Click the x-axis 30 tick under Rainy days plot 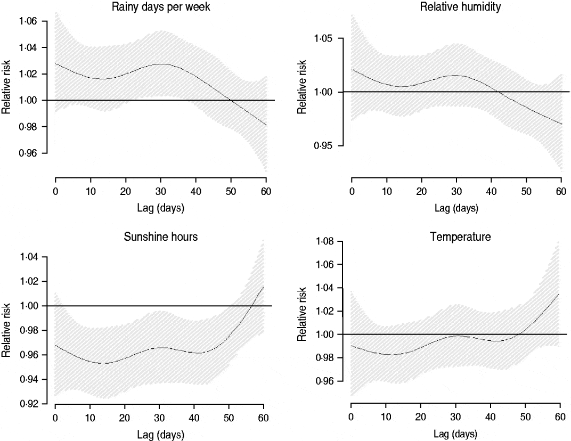click(x=160, y=192)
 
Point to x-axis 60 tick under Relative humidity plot click(x=561, y=192)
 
